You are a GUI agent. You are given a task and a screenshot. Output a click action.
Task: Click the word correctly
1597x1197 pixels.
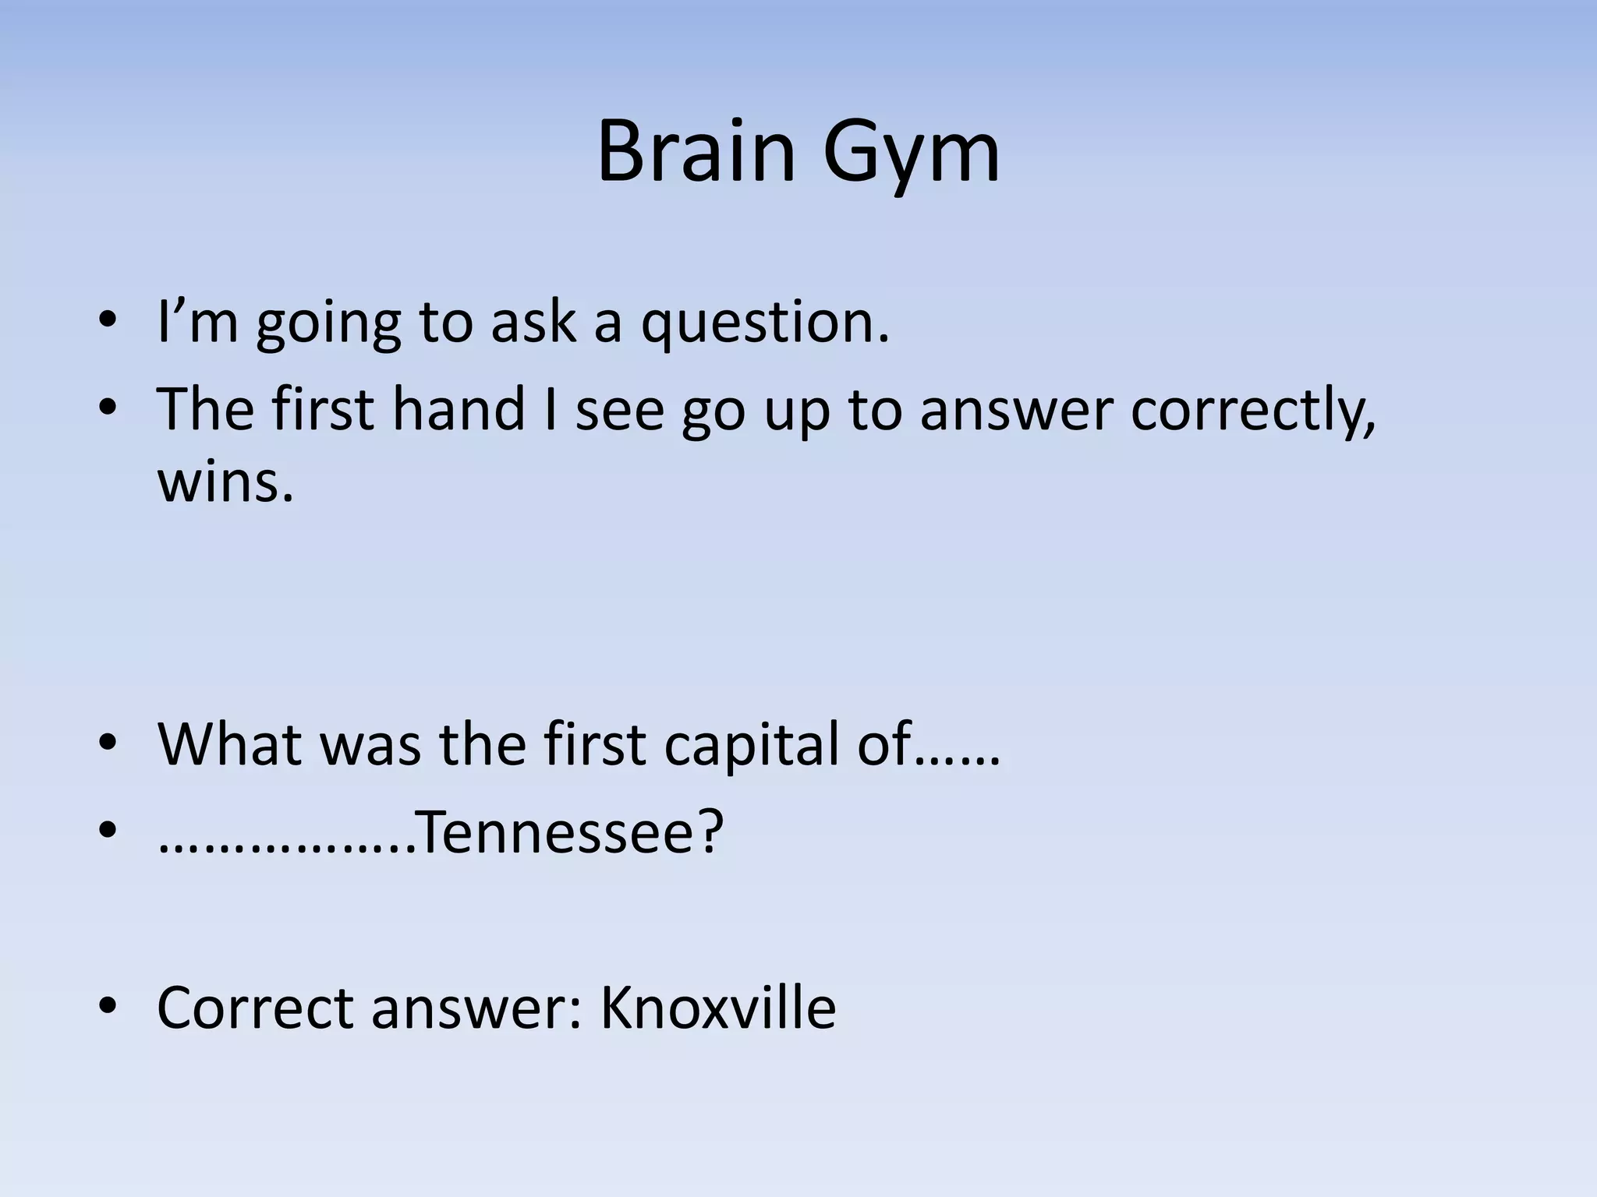tap(1253, 411)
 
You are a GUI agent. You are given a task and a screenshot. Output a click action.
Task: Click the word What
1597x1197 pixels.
tap(230, 744)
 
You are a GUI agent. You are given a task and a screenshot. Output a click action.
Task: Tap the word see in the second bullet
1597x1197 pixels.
tap(620, 410)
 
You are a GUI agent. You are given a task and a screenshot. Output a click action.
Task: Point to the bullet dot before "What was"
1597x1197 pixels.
tap(108, 744)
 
